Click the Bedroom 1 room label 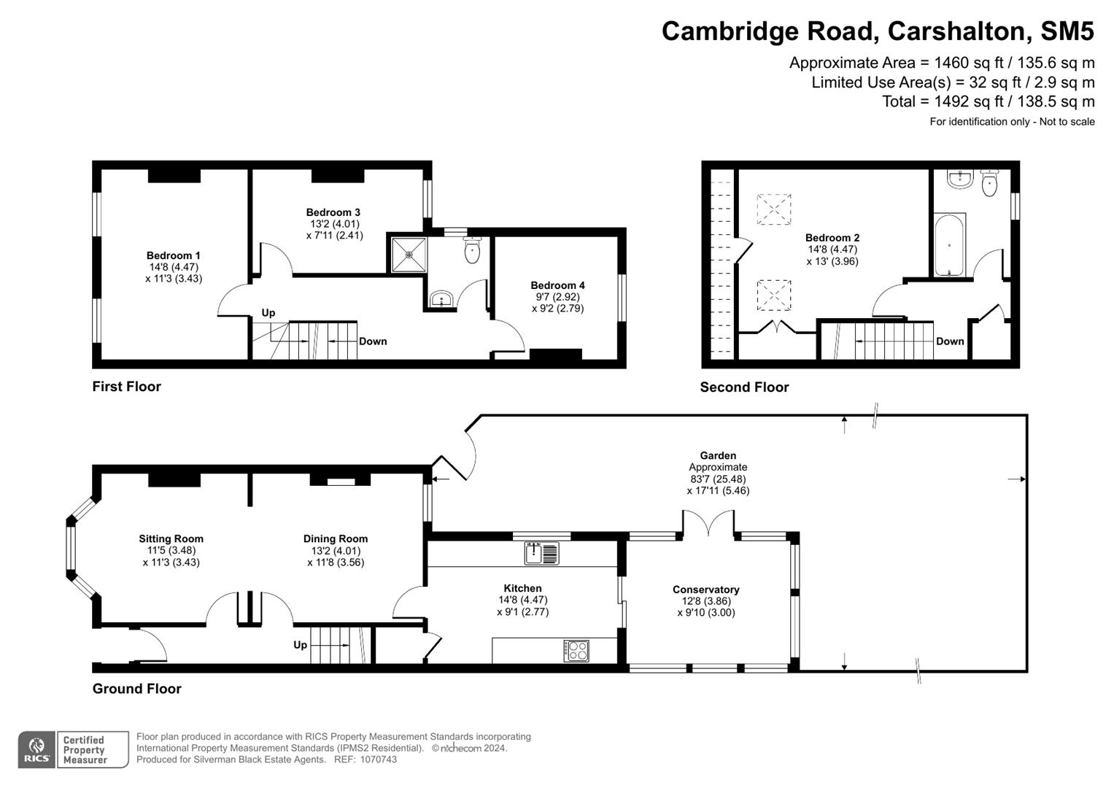(x=173, y=255)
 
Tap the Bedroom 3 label (x=333, y=212)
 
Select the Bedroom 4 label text (x=557, y=285)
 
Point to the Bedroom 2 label (x=832, y=238)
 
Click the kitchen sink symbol (x=541, y=553)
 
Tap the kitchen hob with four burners (x=576, y=650)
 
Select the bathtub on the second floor (x=949, y=245)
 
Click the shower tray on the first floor (x=409, y=255)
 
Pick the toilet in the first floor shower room (x=472, y=251)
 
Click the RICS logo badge (x=36, y=750)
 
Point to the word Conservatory (x=705, y=590)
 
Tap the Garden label (x=718, y=455)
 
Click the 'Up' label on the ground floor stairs (x=300, y=645)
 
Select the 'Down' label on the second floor (x=949, y=341)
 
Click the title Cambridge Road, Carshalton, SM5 (x=878, y=31)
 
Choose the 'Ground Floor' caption (x=136, y=689)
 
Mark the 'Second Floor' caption (x=744, y=387)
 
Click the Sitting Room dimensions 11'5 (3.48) (x=171, y=551)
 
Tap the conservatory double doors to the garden (x=708, y=524)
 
